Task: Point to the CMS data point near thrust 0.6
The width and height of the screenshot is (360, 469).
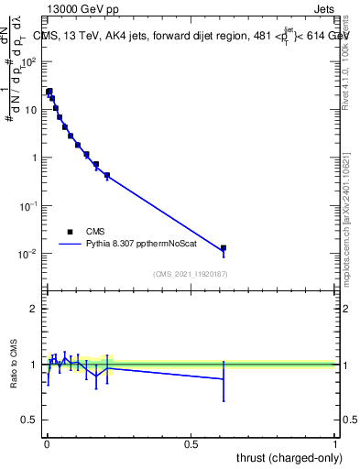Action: click(x=223, y=248)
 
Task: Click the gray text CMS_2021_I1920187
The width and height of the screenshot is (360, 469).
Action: click(x=191, y=274)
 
